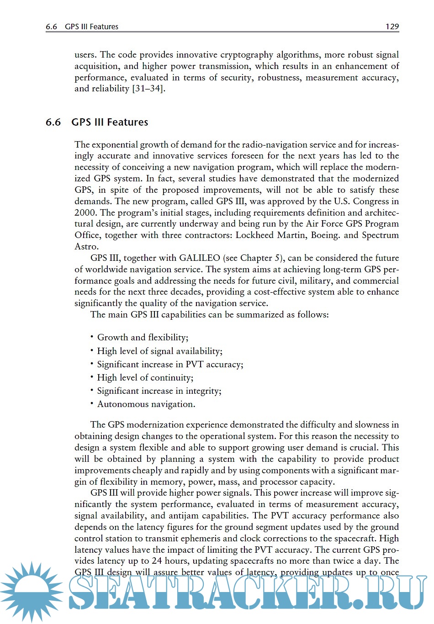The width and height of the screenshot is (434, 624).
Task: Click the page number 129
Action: point(392,26)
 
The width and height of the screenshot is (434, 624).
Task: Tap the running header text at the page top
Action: point(82,26)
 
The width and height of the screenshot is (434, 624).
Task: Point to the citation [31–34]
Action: point(148,89)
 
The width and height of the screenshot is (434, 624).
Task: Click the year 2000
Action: point(85,212)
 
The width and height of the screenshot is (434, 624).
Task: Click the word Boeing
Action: point(325,235)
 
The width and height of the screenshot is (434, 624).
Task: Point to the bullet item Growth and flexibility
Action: point(143,338)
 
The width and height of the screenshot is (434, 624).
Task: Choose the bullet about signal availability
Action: point(159,351)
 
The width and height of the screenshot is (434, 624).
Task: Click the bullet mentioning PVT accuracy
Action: point(170,365)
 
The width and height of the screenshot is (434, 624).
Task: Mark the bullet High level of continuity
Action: point(145,378)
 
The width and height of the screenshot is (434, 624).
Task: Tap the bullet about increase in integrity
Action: point(159,391)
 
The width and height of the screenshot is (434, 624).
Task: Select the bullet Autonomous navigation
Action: point(146,404)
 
